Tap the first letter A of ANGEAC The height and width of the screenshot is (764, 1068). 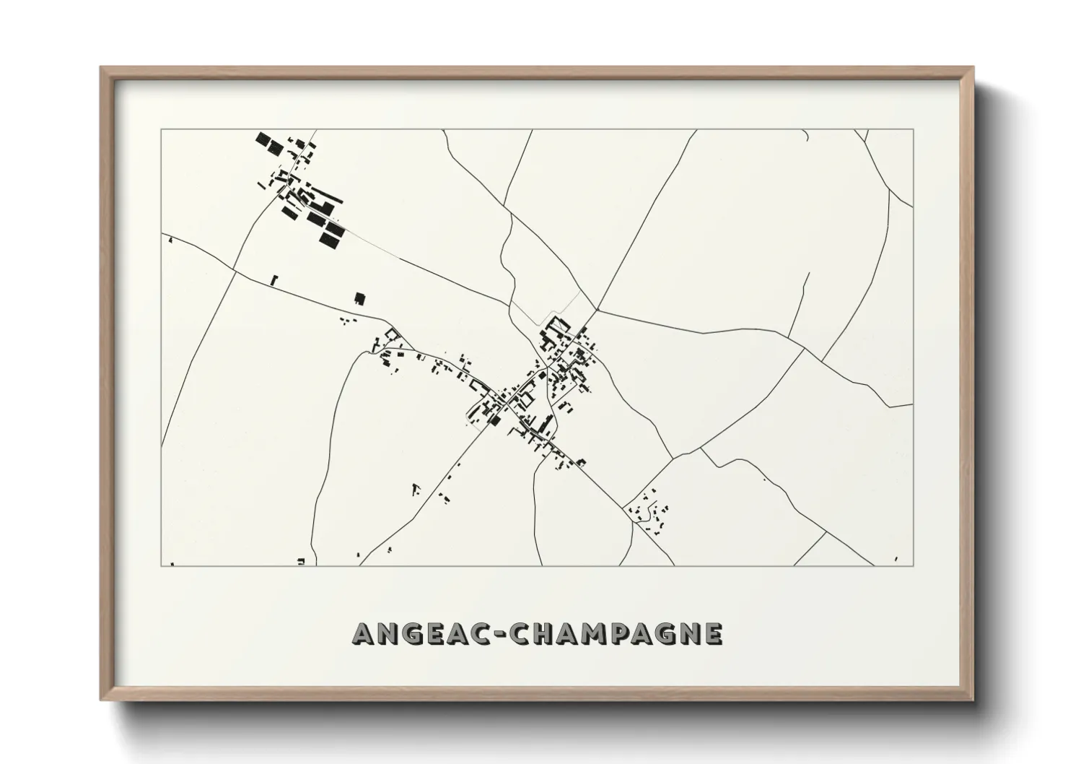click(x=364, y=633)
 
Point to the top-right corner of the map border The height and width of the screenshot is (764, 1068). click(x=914, y=129)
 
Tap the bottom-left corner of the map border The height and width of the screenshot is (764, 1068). click(x=161, y=566)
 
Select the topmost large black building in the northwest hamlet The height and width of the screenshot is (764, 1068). click(x=263, y=139)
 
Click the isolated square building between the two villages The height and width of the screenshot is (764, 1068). click(x=359, y=298)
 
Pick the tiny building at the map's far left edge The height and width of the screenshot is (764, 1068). click(x=170, y=239)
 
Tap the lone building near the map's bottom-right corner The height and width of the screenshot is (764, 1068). click(x=896, y=557)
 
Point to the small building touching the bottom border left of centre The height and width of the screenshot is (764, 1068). click(x=302, y=561)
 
